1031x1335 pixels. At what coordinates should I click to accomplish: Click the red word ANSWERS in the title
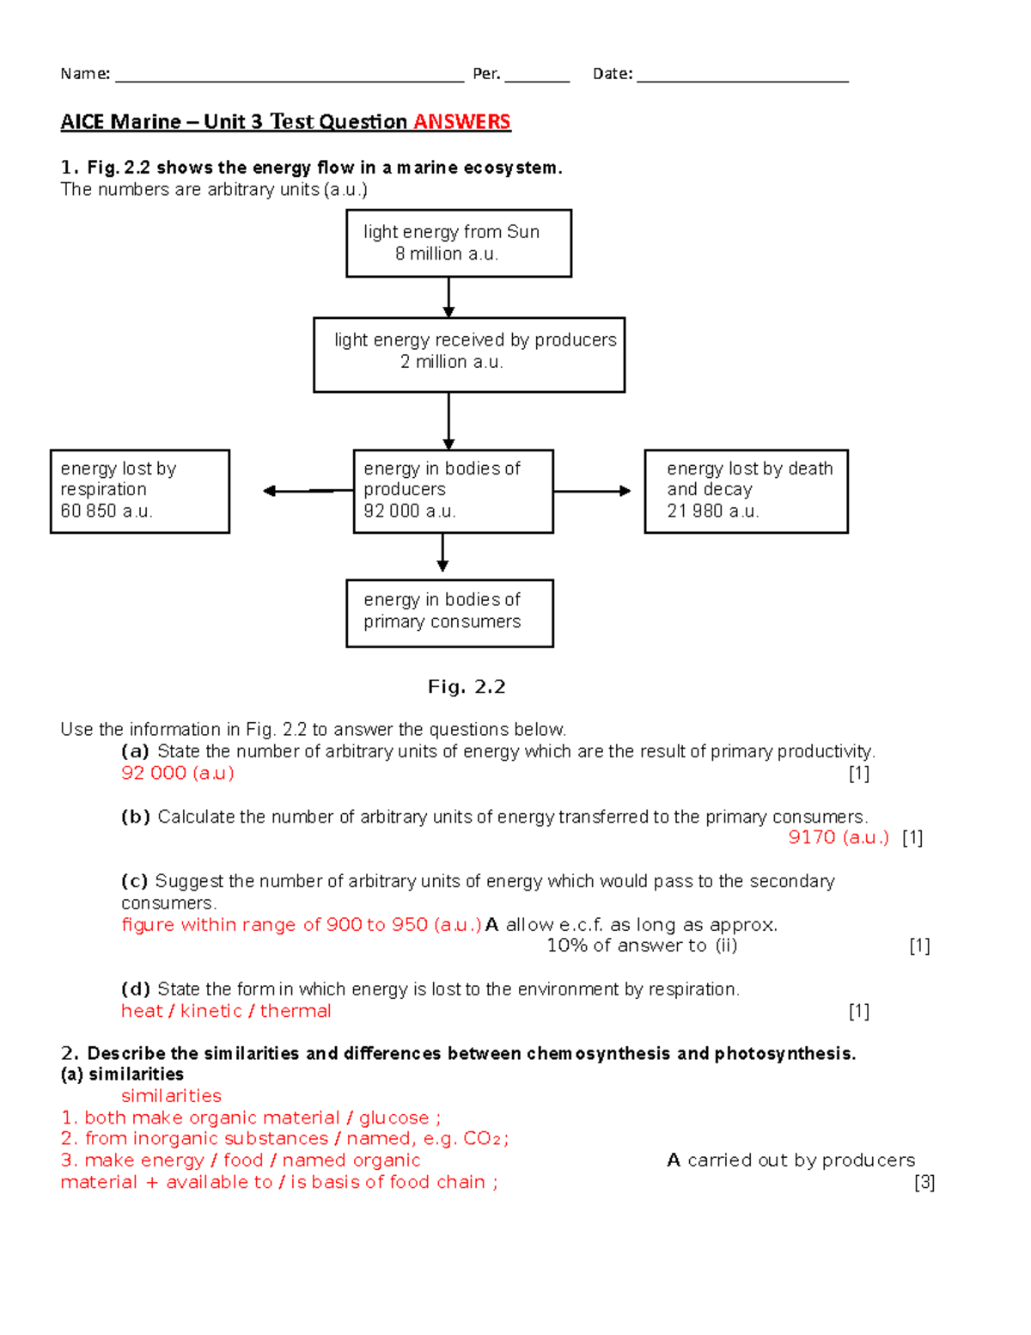click(x=461, y=122)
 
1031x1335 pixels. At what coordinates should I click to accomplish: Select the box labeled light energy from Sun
click(x=459, y=243)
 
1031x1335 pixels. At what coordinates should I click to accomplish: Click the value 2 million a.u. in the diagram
click(x=451, y=362)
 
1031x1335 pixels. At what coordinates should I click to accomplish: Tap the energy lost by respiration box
click(x=140, y=491)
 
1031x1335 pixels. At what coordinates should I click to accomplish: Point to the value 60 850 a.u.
click(x=107, y=511)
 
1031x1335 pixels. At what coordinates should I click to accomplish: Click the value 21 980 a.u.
click(x=712, y=511)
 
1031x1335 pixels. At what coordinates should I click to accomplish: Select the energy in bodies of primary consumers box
click(x=449, y=613)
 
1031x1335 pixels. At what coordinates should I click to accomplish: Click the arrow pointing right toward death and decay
click(x=593, y=491)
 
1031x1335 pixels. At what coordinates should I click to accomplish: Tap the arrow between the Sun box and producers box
click(x=448, y=297)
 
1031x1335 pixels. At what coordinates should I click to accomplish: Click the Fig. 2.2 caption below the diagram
click(x=467, y=687)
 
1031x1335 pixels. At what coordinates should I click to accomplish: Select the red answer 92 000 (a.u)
click(x=178, y=773)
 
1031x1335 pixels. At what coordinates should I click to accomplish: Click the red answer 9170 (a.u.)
click(x=839, y=837)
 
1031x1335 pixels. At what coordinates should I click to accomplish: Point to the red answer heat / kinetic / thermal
click(x=226, y=1011)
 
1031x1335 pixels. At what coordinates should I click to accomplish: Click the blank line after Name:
click(x=290, y=76)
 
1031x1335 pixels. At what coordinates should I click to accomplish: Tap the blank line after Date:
click(x=742, y=76)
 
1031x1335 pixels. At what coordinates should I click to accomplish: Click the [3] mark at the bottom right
click(x=924, y=1182)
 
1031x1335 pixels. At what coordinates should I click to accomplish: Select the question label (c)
click(x=135, y=881)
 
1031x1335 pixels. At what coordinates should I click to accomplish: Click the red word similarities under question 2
click(x=171, y=1096)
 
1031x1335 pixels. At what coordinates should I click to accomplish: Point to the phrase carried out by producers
click(x=801, y=1160)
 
